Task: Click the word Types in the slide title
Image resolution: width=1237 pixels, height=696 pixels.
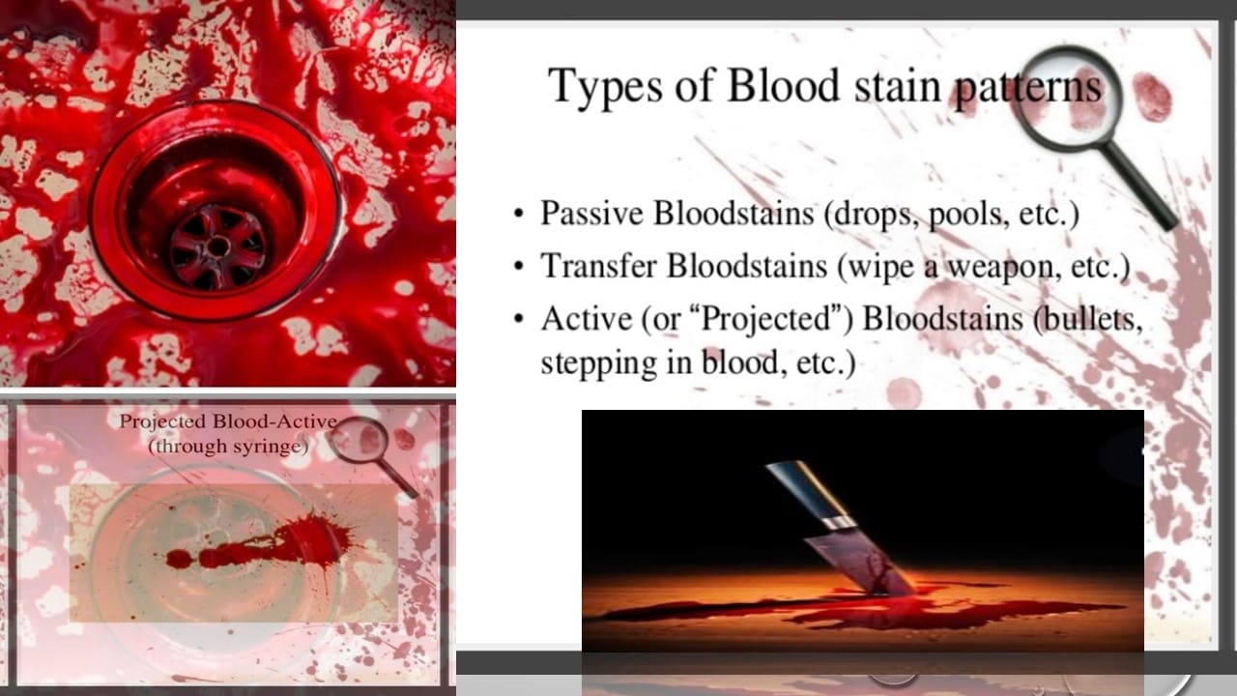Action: pyautogui.click(x=605, y=87)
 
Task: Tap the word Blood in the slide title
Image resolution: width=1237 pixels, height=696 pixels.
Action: pyautogui.click(x=783, y=85)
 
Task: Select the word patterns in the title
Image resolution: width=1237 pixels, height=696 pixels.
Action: pyautogui.click(x=1028, y=88)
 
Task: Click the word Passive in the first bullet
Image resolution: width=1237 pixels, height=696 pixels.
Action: pyautogui.click(x=592, y=213)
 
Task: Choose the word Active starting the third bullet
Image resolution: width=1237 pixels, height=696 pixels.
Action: pyautogui.click(x=587, y=319)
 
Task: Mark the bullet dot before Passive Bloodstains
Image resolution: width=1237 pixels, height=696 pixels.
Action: pyautogui.click(x=518, y=215)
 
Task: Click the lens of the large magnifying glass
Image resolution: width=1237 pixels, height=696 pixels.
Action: pyautogui.click(x=1070, y=98)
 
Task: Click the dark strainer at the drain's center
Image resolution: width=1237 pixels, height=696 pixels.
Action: pyautogui.click(x=218, y=247)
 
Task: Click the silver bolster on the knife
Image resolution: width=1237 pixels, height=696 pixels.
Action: pyautogui.click(x=836, y=525)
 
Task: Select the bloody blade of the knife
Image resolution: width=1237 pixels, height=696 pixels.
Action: pyautogui.click(x=860, y=565)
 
